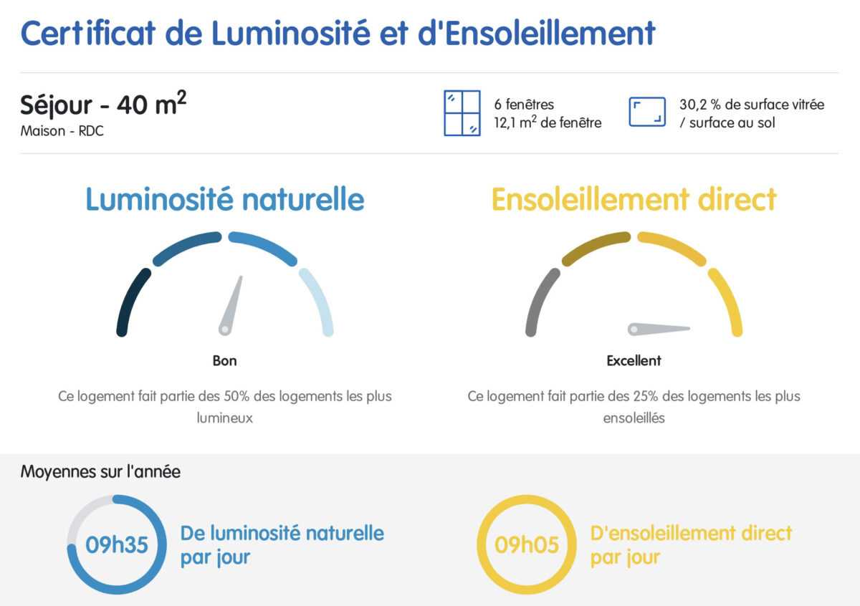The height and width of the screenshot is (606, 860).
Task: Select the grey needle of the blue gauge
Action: tap(231, 305)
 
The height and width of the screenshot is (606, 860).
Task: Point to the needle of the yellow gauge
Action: tap(659, 329)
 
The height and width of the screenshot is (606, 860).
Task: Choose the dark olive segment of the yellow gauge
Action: tap(595, 246)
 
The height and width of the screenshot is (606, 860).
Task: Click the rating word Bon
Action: tap(224, 361)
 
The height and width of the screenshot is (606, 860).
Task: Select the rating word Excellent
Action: tap(634, 361)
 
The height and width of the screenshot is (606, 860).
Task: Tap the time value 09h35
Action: tap(117, 544)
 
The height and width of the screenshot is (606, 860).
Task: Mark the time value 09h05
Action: tap(526, 544)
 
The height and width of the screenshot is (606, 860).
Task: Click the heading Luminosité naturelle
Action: tap(224, 199)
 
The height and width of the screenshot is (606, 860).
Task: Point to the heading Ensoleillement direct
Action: tap(634, 199)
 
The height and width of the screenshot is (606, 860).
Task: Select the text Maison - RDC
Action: tap(62, 131)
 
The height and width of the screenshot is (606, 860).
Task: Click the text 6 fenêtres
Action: tap(524, 105)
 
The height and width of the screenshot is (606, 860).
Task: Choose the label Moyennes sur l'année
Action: tap(100, 471)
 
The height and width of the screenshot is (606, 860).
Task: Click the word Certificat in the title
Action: tap(88, 33)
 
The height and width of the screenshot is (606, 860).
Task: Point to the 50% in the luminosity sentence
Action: tap(237, 396)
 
